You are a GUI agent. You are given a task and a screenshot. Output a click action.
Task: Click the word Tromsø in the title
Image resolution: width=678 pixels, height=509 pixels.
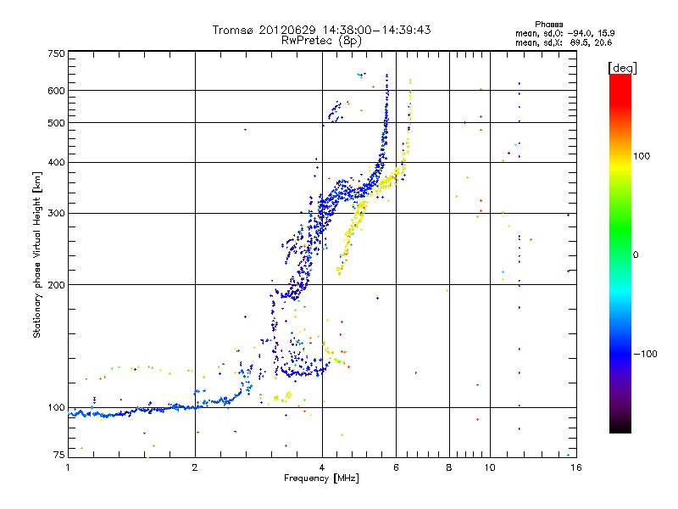[x=232, y=30]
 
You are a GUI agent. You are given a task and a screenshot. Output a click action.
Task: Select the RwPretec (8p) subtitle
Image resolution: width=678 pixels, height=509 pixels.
[x=321, y=41]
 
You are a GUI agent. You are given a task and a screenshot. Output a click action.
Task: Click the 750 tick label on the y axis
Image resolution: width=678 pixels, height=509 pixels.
[x=56, y=53]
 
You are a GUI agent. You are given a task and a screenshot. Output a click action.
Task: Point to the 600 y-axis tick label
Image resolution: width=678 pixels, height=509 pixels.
[x=56, y=91]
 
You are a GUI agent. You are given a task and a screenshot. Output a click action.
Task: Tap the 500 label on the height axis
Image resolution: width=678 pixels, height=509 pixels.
[x=56, y=122]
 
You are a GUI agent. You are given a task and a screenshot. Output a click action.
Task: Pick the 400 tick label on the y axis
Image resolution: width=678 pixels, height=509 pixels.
[x=56, y=162]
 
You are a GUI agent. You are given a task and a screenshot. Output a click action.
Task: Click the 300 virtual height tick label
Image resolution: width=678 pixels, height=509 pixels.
[x=56, y=213]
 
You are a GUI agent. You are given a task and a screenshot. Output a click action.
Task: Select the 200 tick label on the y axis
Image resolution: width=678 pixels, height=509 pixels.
[x=56, y=285]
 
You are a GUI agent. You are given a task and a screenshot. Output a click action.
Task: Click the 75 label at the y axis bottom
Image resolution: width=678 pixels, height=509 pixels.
[x=59, y=455]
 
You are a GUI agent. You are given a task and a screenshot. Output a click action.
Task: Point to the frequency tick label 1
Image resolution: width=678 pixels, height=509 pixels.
[x=68, y=467]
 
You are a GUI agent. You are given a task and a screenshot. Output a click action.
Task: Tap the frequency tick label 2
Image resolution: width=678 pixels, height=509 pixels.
[x=195, y=467]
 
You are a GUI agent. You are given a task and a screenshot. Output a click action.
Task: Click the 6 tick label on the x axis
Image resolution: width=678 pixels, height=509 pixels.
[x=396, y=467]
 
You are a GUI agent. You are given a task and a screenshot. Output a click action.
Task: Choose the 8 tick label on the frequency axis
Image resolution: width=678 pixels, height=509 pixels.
[x=449, y=467]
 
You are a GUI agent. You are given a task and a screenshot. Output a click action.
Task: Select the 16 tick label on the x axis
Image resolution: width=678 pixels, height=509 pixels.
[x=576, y=467]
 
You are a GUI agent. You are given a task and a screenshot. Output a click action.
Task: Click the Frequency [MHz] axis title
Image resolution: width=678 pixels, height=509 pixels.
[x=321, y=478]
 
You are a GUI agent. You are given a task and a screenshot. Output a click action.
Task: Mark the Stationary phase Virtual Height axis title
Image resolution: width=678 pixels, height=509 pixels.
[x=37, y=255]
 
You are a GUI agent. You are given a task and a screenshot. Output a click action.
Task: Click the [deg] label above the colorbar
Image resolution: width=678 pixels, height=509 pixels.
[x=623, y=68]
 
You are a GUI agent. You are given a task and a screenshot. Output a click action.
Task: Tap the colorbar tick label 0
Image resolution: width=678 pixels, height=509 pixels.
[x=636, y=255]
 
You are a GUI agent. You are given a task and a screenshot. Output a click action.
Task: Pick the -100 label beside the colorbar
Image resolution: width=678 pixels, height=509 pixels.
[x=645, y=354]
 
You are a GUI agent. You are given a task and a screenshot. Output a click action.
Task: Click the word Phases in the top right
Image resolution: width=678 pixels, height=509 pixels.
[x=549, y=25]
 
